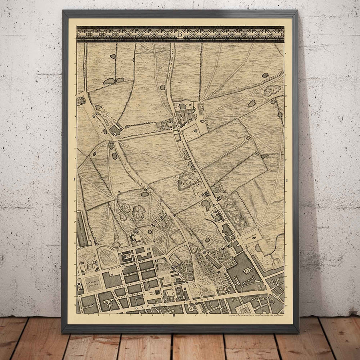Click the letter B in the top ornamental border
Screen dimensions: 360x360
(x=180, y=34)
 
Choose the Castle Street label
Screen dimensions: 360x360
(x=138, y=295)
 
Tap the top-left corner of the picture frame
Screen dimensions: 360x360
(x=63, y=11)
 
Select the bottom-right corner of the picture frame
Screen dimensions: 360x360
(x=298, y=332)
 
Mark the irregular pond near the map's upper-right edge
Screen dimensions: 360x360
(x=272, y=90)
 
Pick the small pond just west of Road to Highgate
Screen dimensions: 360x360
(x=163, y=87)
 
